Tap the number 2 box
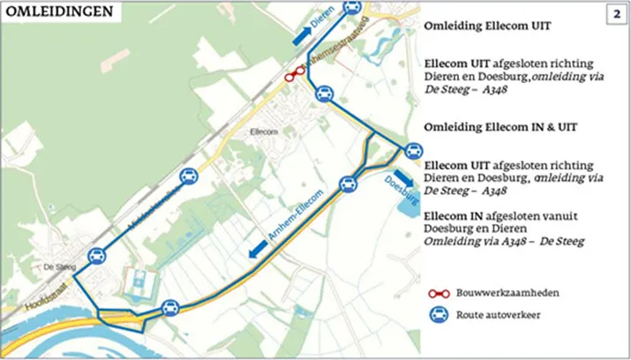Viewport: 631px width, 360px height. [614, 14]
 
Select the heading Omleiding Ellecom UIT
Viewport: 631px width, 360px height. [487, 26]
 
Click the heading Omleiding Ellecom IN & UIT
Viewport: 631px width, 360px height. [500, 127]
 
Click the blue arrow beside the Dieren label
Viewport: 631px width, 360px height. [302, 34]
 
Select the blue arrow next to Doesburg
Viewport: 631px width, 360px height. [404, 176]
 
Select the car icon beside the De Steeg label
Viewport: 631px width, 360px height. [97, 256]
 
